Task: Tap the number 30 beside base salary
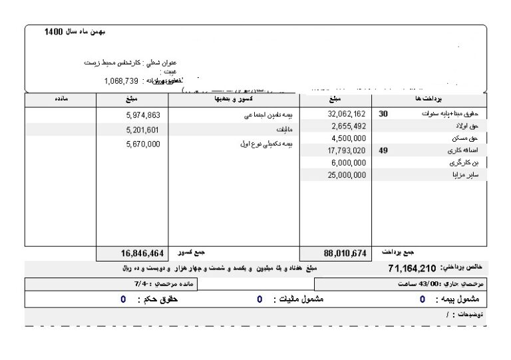[383, 114]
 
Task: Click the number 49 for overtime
[383, 150]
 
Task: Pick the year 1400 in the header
[53, 32]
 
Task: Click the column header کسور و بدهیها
[232, 99]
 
